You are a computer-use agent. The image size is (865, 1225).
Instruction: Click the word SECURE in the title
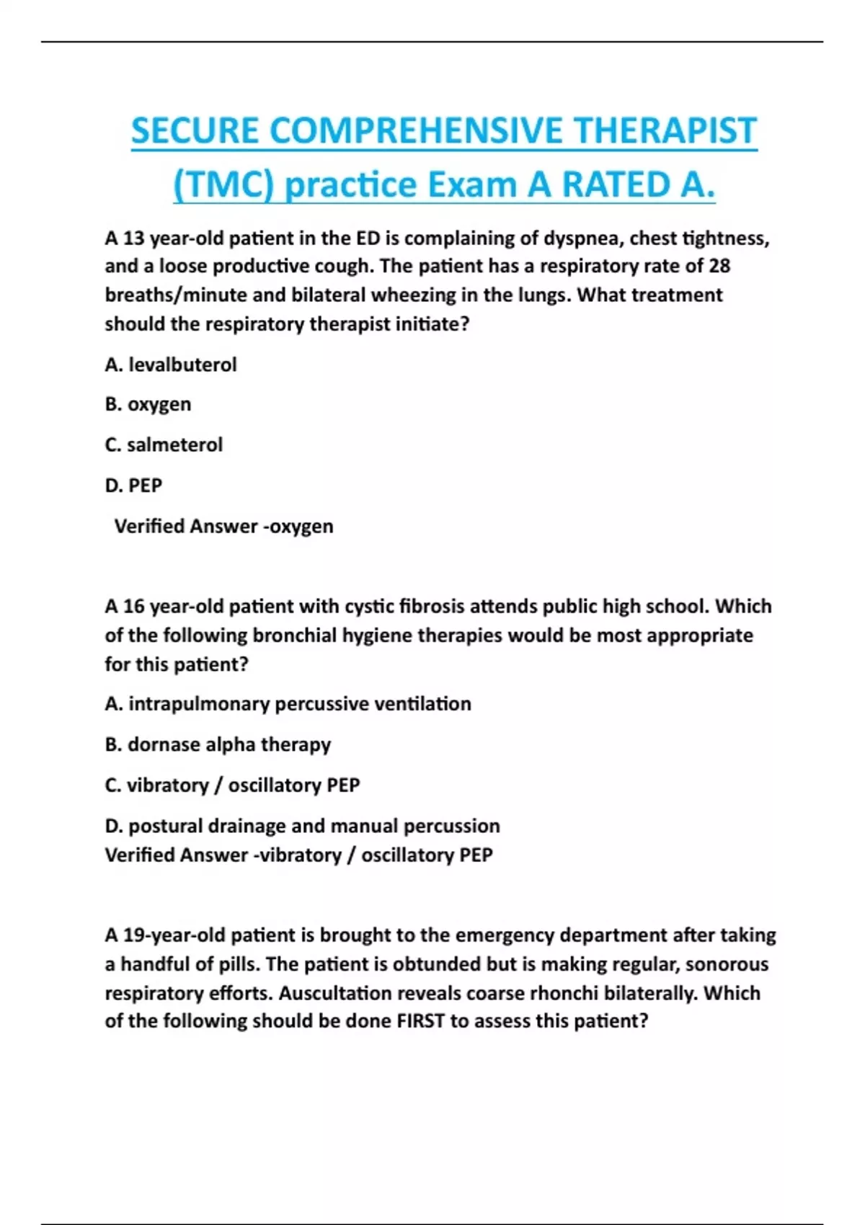click(195, 131)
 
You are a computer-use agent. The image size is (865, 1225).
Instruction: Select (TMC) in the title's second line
click(223, 185)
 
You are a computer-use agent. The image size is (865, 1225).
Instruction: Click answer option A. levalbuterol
click(171, 365)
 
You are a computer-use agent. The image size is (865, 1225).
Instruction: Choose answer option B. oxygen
click(148, 404)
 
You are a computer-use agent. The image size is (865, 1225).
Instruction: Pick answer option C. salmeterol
click(164, 445)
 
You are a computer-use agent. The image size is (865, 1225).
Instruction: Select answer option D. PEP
click(133, 485)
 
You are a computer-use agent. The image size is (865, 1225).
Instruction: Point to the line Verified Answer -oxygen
click(223, 526)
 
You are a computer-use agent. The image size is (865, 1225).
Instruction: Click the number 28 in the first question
click(719, 266)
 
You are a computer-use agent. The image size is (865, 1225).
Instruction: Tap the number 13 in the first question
click(133, 238)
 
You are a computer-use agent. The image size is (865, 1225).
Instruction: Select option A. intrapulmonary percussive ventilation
click(288, 703)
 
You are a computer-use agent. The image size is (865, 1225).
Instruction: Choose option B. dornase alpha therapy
click(218, 744)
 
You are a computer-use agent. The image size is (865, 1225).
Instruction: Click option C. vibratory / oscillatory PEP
click(232, 785)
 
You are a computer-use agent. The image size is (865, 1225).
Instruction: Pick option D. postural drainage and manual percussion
click(302, 826)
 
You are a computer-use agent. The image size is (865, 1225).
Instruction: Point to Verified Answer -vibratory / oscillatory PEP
click(298, 855)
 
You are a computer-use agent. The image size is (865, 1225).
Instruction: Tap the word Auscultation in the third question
click(333, 993)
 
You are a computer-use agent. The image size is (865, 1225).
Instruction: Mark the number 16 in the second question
click(133, 606)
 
